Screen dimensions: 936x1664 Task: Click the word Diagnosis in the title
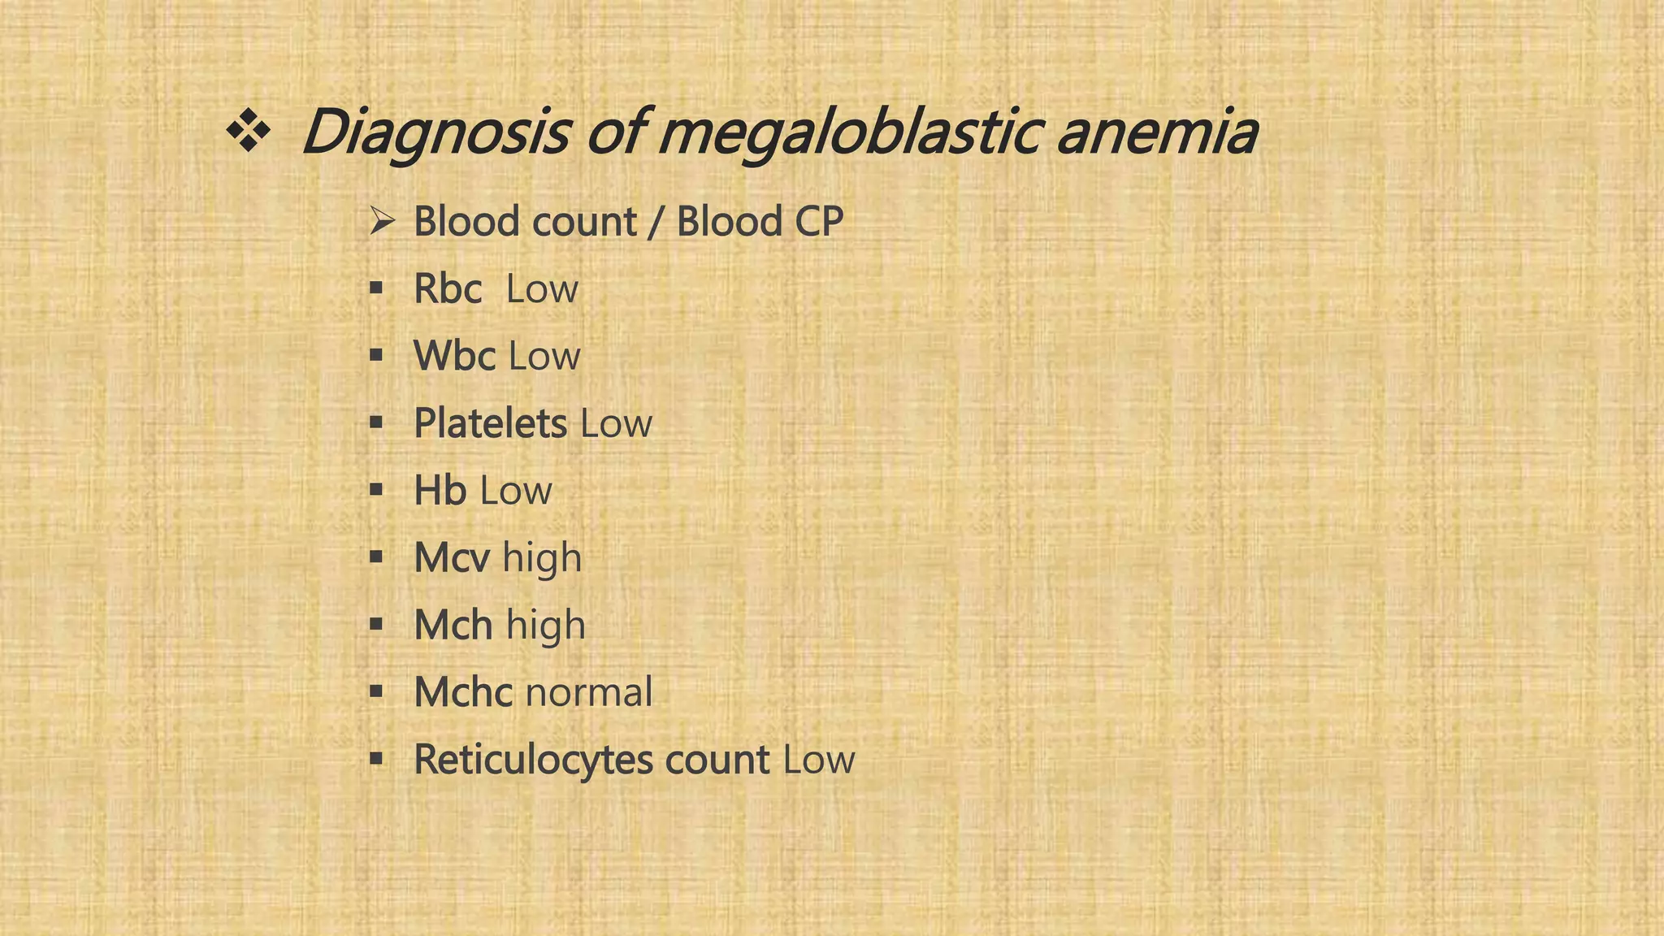pyautogui.click(x=435, y=132)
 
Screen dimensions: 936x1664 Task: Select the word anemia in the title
pyautogui.click(x=1157, y=132)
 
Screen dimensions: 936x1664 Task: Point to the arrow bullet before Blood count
pyautogui.click(x=381, y=220)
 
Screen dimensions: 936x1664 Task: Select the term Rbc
pyautogui.click(x=448, y=288)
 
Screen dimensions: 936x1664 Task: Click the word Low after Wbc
pyautogui.click(x=544, y=356)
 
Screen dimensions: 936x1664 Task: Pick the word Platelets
pyautogui.click(x=490, y=423)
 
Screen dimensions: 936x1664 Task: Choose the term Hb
pyautogui.click(x=440, y=491)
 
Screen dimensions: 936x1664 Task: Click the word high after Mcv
pyautogui.click(x=542, y=558)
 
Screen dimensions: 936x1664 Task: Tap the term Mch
pyautogui.click(x=453, y=626)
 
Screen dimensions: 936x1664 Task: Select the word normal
pyautogui.click(x=589, y=692)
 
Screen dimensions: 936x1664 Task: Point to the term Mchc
pyautogui.click(x=463, y=692)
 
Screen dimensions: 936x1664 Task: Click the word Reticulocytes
pyautogui.click(x=533, y=760)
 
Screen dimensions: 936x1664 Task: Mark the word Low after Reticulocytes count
pyautogui.click(x=819, y=760)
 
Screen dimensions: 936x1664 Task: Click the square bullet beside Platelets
pyautogui.click(x=375, y=422)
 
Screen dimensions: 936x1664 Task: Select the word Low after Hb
pyautogui.click(x=515, y=491)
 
